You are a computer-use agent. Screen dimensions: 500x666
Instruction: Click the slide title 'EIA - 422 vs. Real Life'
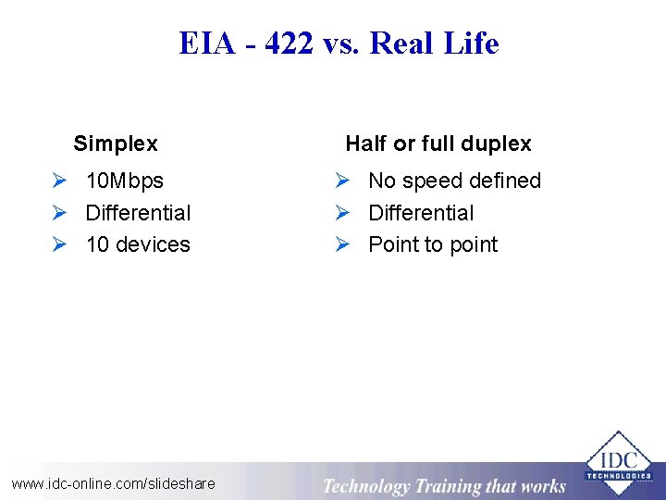click(339, 44)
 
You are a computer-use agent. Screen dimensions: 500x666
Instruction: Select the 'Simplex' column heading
click(116, 144)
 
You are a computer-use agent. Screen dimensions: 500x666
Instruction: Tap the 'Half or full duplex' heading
click(438, 144)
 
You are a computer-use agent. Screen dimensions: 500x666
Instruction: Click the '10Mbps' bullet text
click(124, 181)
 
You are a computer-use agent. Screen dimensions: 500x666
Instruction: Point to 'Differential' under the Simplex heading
click(138, 213)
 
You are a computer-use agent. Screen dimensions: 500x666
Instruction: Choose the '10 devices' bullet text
click(138, 244)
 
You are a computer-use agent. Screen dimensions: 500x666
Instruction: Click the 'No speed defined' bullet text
click(454, 181)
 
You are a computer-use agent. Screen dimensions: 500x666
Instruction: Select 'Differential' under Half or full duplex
click(421, 213)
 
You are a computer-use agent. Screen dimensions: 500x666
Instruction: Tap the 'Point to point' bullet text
click(433, 244)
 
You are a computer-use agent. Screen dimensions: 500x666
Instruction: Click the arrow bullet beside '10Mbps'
click(59, 181)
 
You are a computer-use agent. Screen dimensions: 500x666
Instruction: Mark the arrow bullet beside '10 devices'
click(59, 245)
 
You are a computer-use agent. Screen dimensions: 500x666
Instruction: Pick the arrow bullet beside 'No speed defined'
click(342, 181)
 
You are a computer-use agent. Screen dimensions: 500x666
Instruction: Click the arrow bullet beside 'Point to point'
click(342, 245)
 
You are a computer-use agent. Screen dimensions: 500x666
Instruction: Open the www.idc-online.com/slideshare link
click(113, 483)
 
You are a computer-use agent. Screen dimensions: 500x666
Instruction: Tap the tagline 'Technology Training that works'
click(443, 486)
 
